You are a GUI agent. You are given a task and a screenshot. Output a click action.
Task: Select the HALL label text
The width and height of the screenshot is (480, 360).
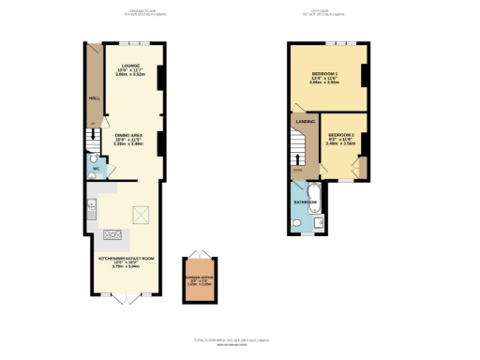93,97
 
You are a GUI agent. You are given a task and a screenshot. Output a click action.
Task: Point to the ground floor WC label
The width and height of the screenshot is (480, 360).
96,170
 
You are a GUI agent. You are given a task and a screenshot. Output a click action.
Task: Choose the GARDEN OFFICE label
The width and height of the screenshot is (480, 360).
198,278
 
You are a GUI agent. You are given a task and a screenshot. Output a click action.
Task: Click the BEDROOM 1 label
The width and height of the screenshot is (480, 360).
324,73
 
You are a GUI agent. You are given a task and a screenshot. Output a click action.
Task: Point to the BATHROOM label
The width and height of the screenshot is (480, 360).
305,201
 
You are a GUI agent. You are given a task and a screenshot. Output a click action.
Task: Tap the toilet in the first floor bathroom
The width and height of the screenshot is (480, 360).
295,222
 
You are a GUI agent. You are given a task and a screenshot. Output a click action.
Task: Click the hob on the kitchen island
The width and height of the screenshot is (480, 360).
114,233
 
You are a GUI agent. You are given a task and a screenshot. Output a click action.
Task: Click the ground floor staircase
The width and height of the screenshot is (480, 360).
91,140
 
